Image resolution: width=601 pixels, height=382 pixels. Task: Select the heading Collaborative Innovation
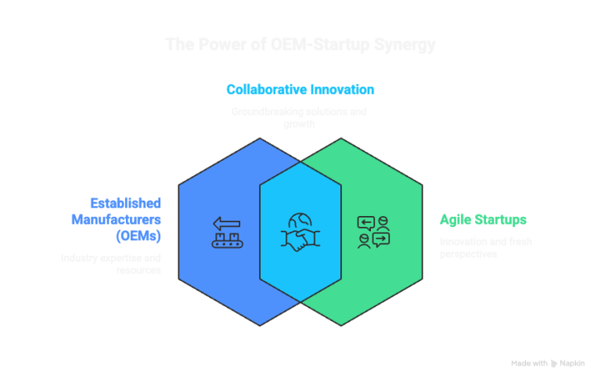point(300,89)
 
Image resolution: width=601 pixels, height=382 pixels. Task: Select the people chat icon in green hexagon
point(373,232)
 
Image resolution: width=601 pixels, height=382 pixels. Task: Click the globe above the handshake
point(300,222)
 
